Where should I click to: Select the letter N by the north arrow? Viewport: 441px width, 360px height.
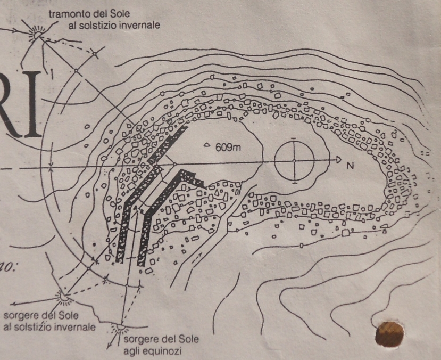(x=350, y=166)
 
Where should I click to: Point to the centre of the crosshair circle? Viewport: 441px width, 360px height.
(x=294, y=160)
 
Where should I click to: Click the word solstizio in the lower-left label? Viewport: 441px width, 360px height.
(x=38, y=326)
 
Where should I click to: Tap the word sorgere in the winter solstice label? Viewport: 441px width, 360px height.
(x=20, y=315)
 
